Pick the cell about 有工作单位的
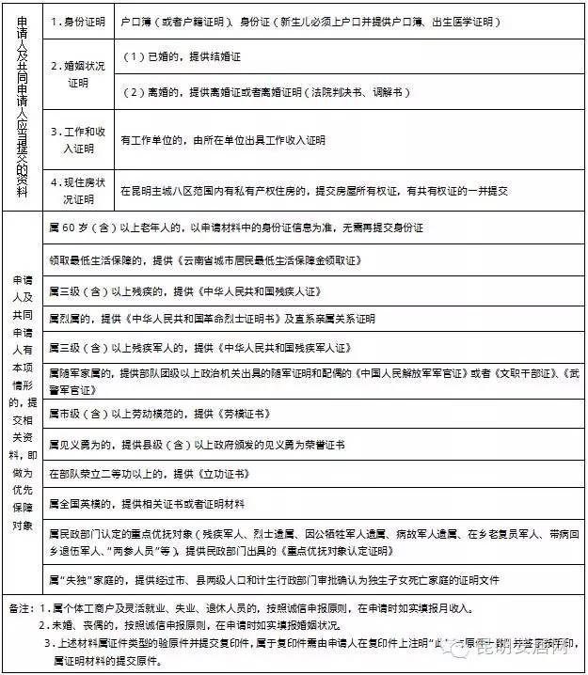[x=223, y=140]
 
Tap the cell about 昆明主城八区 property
[x=314, y=190]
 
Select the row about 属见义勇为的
[x=197, y=443]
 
